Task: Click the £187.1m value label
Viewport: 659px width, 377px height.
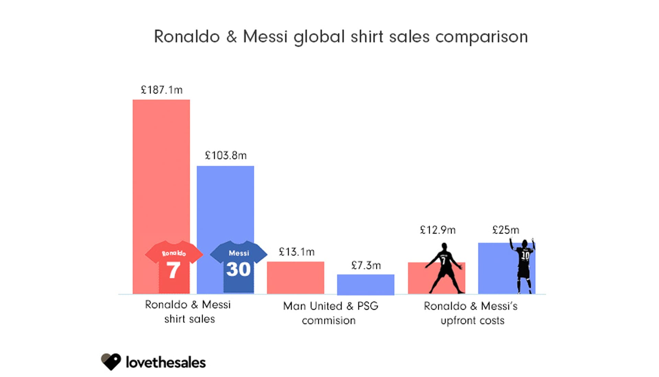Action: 162,90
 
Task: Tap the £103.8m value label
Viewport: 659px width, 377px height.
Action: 226,156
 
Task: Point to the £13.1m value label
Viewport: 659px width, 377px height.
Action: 297,252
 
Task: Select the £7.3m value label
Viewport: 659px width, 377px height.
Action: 366,265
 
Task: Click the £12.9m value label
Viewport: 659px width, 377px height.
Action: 438,230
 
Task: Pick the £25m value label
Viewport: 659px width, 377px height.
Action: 506,230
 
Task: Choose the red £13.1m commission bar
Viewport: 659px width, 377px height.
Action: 296,278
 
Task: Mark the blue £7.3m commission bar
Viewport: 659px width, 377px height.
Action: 366,284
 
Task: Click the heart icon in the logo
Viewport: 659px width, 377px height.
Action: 111,362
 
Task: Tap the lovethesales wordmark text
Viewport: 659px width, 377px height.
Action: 166,363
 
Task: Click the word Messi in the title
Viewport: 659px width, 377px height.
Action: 265,36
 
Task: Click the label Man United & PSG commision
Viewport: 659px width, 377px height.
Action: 330,313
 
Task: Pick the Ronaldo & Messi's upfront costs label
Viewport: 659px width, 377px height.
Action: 471,313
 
